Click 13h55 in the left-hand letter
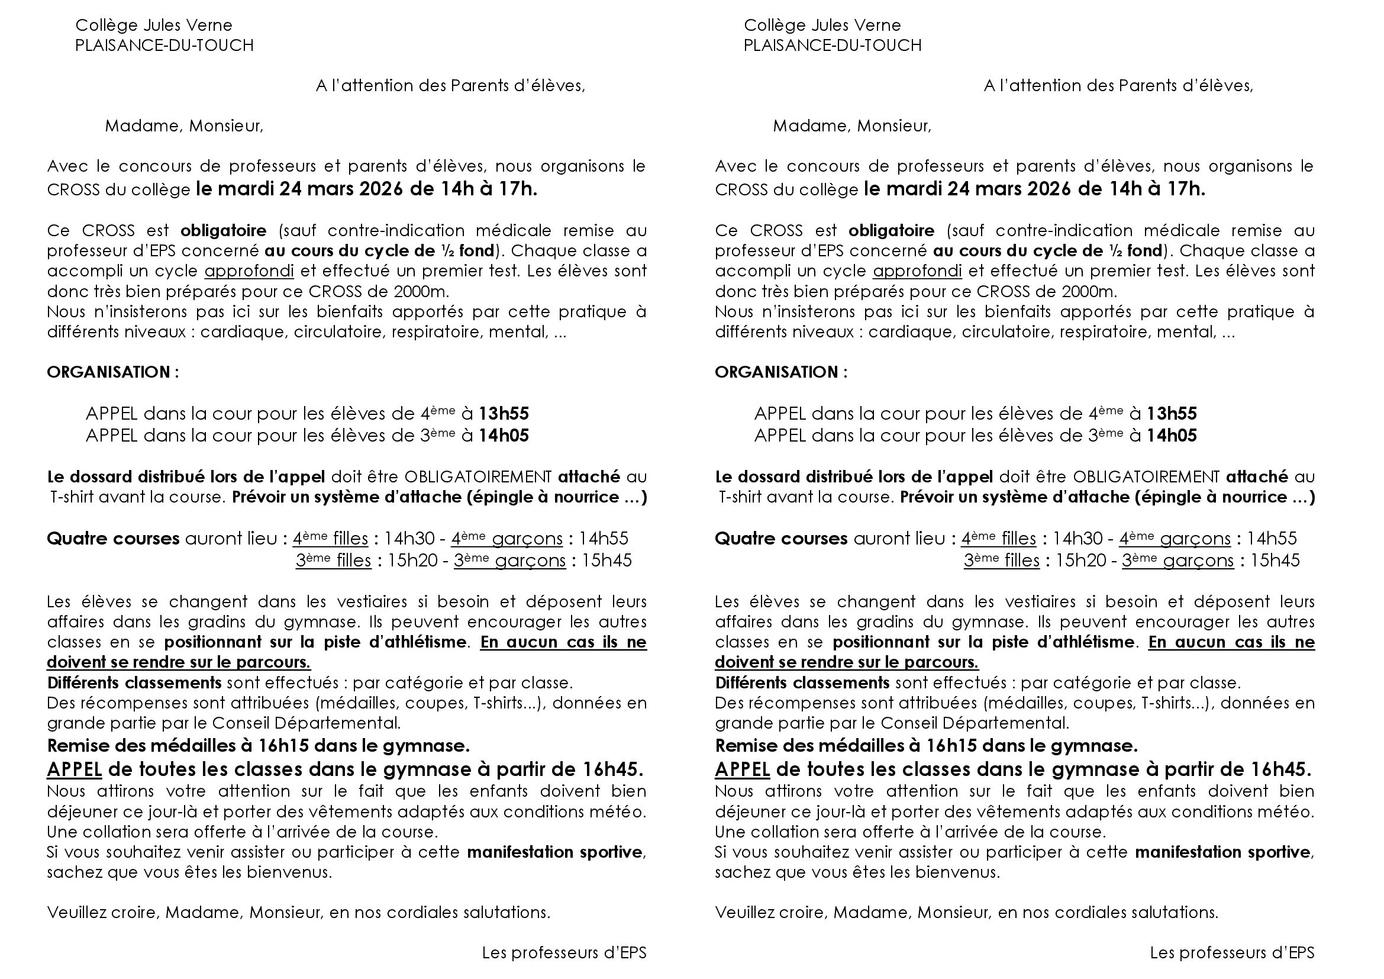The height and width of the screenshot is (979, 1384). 504,414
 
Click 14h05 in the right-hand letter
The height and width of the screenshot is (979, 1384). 1171,436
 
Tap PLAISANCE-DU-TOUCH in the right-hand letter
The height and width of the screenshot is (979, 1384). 833,46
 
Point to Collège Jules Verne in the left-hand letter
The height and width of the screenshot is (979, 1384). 154,25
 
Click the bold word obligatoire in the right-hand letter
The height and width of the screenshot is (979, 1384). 891,231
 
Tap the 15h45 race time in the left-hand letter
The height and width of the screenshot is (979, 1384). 606,561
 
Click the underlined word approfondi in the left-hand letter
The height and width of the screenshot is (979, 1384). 249,271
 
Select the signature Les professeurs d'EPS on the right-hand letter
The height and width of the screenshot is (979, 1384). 1231,953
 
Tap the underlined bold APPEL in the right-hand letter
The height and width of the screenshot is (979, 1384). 742,770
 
